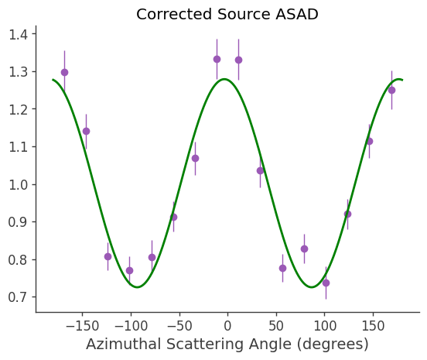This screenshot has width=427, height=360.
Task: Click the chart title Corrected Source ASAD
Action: (227, 14)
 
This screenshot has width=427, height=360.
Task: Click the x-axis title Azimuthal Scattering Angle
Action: (227, 344)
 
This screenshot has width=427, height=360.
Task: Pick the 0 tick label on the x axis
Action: (227, 322)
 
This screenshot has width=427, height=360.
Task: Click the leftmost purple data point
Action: (64, 72)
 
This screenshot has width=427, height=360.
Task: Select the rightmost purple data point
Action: (391, 90)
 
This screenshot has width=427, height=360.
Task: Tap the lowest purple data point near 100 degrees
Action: (326, 283)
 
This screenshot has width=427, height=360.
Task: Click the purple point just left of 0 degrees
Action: (217, 59)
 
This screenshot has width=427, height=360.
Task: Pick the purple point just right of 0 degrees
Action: (238, 60)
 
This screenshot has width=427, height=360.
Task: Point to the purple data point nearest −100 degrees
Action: (129, 270)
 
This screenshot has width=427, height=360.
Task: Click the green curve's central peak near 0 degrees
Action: (224, 79)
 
